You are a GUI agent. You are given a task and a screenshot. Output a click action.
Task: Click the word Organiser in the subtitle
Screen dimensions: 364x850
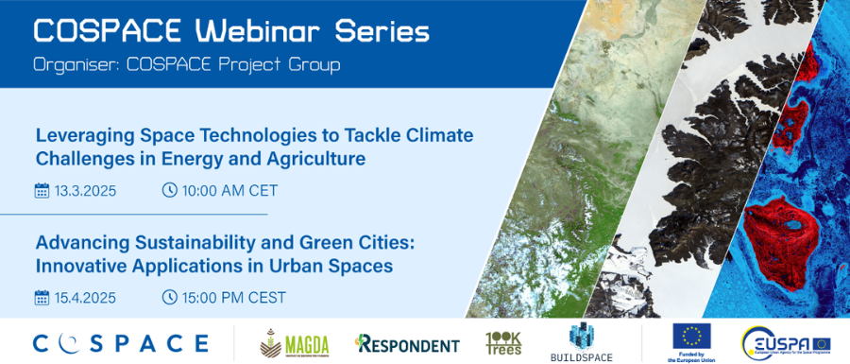coord(73,65)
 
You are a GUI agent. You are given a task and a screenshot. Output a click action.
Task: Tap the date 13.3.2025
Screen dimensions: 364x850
coord(85,190)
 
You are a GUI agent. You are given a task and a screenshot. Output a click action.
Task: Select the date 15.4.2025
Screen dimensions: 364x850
coord(85,298)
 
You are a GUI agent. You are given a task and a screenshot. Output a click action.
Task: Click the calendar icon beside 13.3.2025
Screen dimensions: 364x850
coord(42,190)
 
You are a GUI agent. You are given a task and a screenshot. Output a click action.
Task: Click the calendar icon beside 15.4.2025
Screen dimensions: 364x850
coord(42,298)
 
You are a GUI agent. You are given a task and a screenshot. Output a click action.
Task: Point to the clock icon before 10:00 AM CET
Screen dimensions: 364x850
coord(170,190)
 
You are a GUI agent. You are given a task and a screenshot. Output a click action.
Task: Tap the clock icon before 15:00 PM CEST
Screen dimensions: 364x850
coord(170,298)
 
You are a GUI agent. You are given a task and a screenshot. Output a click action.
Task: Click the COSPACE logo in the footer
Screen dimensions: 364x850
coord(120,342)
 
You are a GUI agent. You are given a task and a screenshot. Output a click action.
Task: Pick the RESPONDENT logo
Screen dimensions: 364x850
coord(407,344)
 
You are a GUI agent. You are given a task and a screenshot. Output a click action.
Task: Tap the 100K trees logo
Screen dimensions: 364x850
coord(503,342)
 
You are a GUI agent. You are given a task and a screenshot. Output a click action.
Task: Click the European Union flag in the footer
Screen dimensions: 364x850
coord(691,336)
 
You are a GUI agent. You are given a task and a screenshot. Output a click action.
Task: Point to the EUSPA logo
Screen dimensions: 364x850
coord(786,342)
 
